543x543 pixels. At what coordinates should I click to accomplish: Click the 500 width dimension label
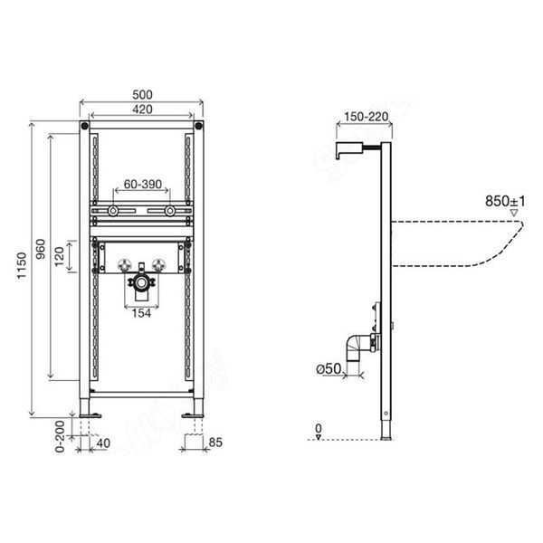tap(142, 94)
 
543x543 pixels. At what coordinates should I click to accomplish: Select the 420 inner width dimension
tap(142, 110)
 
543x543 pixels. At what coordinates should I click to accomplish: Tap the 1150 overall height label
tap(22, 265)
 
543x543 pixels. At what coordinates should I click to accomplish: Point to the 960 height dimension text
tap(41, 250)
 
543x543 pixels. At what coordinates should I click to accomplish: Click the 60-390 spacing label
tap(143, 185)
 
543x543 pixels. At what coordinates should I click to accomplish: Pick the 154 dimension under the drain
tap(141, 313)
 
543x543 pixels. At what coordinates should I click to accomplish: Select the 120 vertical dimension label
tap(60, 256)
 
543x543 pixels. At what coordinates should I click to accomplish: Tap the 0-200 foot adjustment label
tap(60, 436)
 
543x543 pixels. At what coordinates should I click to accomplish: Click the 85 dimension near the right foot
tap(215, 443)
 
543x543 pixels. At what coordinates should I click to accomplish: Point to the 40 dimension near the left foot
tap(103, 443)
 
